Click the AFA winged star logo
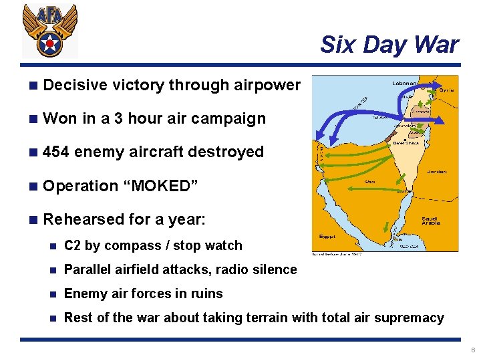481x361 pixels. (x=50, y=32)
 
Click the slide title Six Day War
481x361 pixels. (x=389, y=45)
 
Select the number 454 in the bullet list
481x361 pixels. (x=56, y=152)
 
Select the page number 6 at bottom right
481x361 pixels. (x=473, y=350)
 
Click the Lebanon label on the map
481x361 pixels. (x=405, y=84)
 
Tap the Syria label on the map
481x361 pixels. (x=446, y=90)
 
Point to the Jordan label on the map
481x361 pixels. (x=435, y=171)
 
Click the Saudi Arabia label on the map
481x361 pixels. (x=431, y=221)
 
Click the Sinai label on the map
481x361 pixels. (x=369, y=181)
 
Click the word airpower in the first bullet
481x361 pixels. (x=268, y=85)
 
